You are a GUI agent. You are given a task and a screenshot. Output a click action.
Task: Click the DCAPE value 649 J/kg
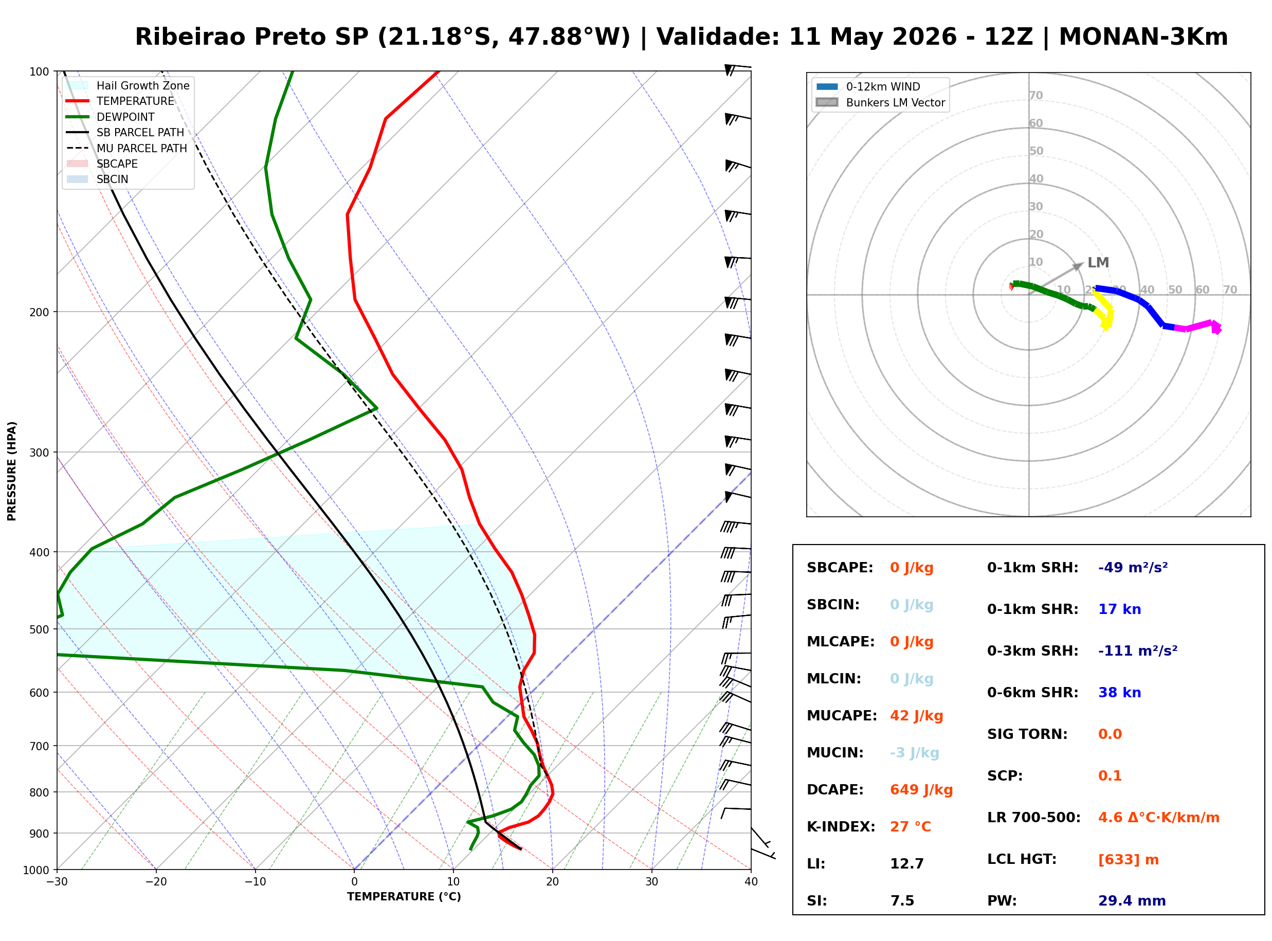(x=921, y=789)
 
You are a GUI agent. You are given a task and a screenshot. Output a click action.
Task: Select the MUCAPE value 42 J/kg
(x=916, y=715)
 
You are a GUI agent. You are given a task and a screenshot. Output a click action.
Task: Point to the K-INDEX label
(x=841, y=826)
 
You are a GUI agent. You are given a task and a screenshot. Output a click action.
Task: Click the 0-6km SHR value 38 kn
(x=1119, y=692)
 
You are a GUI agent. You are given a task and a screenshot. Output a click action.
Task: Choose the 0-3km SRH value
(x=1138, y=650)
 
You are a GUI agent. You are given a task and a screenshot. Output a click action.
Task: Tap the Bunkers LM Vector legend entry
(x=881, y=102)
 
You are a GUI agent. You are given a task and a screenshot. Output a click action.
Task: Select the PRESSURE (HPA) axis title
(x=12, y=471)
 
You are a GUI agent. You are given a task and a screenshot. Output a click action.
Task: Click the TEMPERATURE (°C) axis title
(x=404, y=897)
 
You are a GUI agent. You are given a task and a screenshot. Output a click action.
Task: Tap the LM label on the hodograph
(x=1098, y=263)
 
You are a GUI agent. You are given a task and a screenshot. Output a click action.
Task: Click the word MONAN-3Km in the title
(x=1143, y=37)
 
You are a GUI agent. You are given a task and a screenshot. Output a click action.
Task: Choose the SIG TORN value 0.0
(x=1110, y=734)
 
